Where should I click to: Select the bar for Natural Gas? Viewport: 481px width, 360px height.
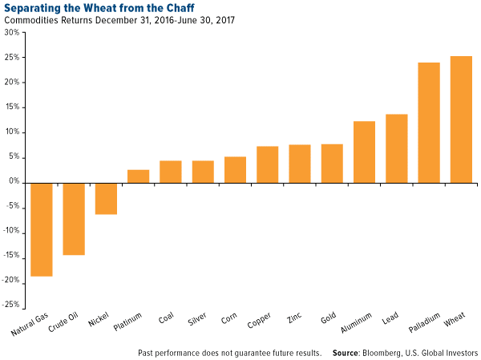click(42, 229)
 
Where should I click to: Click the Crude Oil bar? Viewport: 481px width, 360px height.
click(74, 218)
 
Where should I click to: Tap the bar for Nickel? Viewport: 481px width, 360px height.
click(106, 198)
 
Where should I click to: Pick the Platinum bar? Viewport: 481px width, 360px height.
click(139, 176)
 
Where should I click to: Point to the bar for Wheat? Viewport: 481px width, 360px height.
click(461, 119)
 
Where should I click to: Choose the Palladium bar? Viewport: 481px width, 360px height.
click(429, 122)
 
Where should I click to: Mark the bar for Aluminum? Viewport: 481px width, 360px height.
click(364, 152)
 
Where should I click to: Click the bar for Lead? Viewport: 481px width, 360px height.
click(397, 148)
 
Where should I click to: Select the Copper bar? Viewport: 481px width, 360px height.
click(267, 164)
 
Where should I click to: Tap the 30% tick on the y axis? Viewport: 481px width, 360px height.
click(13, 33)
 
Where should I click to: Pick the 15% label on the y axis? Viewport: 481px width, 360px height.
click(13, 107)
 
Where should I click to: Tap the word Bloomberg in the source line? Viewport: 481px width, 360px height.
click(396, 352)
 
